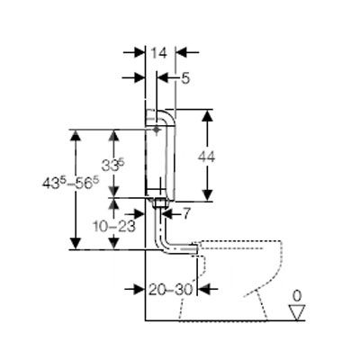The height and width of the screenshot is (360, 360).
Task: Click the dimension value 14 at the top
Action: pos(158,53)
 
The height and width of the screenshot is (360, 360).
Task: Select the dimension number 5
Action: pos(185,78)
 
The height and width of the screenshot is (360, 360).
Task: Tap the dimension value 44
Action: pos(206,157)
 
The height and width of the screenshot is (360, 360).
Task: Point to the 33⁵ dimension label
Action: pos(112,165)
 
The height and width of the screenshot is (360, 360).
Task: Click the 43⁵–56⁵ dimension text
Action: pos(71,183)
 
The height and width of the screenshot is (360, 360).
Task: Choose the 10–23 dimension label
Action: pos(114,227)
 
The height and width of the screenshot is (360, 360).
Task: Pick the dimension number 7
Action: pos(186,214)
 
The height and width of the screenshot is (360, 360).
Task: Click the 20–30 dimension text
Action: pos(170,290)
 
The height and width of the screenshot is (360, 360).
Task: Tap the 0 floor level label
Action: pos(297,296)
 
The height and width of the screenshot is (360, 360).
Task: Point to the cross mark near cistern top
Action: pos(156,130)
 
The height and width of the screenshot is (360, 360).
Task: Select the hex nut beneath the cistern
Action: pos(160,204)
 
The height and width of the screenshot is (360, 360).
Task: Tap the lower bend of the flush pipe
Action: pos(164,247)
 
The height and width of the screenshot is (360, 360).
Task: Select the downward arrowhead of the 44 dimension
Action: pos(207,194)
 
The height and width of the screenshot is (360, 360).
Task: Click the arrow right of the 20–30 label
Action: pos(208,289)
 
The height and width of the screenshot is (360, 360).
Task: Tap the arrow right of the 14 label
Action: pos(187,53)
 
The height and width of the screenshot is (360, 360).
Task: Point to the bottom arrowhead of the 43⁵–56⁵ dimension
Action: pos(75,243)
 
